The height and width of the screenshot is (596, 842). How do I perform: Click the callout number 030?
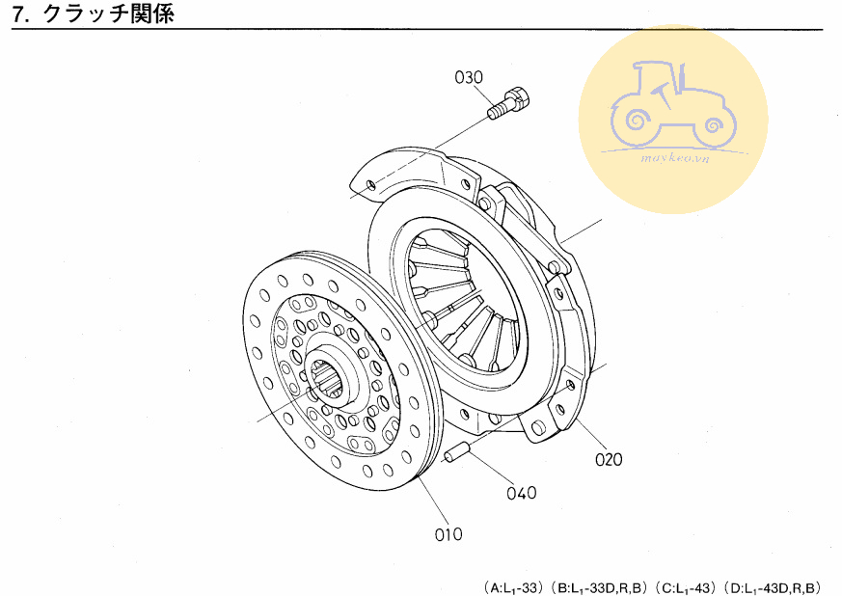468,78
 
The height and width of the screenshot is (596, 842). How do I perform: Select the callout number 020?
609,460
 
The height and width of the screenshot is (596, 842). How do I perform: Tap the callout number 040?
522,493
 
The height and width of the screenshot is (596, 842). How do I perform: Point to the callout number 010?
448,534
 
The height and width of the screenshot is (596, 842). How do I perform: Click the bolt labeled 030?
508,102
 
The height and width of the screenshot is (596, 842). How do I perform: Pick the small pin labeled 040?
457,451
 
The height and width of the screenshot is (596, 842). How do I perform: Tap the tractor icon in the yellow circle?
674,105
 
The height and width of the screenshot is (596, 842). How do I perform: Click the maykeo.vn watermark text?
675,158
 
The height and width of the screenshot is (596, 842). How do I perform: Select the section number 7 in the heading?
18,14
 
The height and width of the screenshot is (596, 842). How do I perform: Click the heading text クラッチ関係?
108,14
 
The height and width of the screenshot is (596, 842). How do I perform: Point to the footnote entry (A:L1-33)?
513,587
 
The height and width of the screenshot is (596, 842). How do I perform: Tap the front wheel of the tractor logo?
715,125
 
